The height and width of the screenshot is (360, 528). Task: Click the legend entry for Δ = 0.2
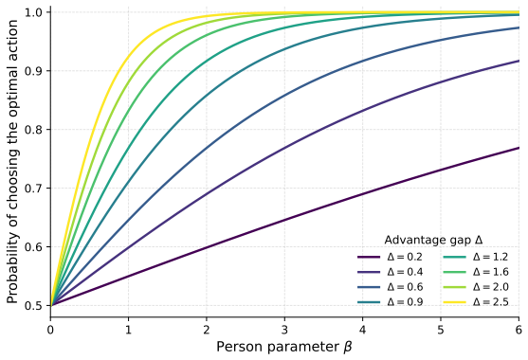point(390,257)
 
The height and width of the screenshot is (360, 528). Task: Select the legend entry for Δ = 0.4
point(390,272)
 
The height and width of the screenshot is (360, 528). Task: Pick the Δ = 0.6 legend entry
point(390,287)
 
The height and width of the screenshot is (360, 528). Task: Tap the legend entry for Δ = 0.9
point(390,302)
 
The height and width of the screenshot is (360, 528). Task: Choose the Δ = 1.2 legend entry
point(476,257)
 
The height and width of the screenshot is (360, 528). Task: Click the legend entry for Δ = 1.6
point(476,272)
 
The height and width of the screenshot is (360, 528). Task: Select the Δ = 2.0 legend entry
point(476,287)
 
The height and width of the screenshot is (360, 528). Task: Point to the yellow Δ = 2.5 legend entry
point(476,302)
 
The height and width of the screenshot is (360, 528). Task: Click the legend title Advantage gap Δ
point(433,241)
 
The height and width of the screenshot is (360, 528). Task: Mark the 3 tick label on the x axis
point(284,330)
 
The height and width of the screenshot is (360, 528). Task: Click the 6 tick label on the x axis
point(519,330)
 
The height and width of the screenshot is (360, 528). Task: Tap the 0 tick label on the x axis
point(50,330)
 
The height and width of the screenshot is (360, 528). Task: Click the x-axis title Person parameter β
point(284,347)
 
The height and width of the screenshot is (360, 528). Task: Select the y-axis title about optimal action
point(12,161)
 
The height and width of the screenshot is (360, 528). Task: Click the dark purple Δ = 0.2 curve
point(285,220)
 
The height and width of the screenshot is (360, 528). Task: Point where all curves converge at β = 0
point(50,305)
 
